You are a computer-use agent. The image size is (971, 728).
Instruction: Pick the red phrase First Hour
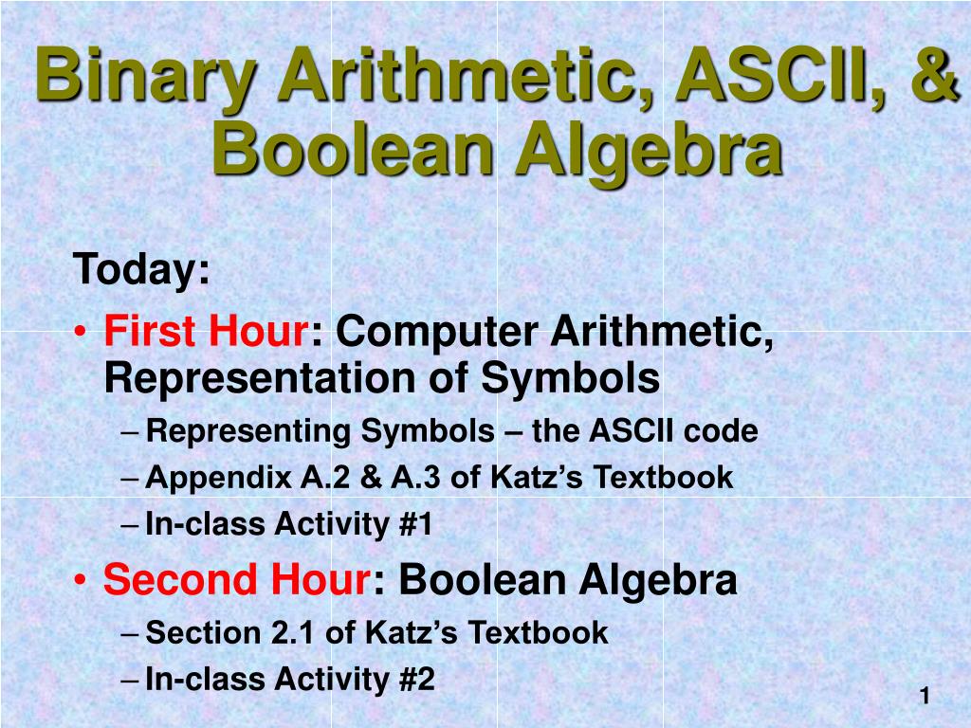(206, 332)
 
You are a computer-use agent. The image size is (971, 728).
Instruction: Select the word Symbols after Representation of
(570, 379)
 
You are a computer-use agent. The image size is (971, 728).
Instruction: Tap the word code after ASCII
(724, 432)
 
